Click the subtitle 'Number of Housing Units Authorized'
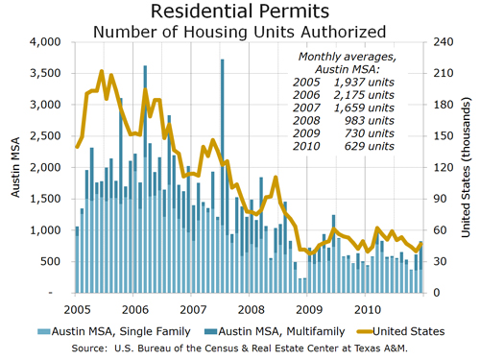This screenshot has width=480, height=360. (x=239, y=31)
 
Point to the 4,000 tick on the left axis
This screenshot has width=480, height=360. (x=45, y=42)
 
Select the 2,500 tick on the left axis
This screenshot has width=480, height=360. (x=45, y=136)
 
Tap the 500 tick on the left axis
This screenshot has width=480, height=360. (x=50, y=261)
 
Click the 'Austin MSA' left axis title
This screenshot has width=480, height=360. (x=16, y=167)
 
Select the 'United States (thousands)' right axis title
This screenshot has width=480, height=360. (x=466, y=167)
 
